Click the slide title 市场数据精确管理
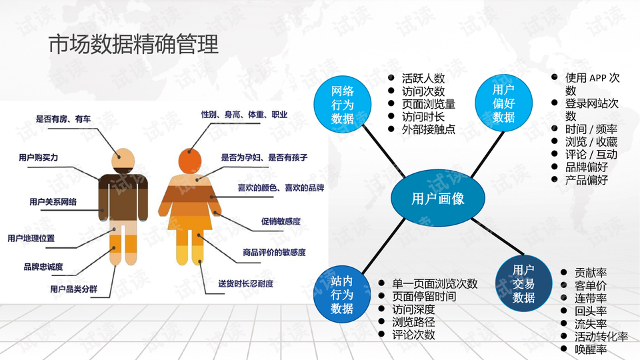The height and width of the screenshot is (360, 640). (x=133, y=45)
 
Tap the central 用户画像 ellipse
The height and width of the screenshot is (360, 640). (x=438, y=199)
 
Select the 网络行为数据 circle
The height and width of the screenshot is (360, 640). (x=342, y=105)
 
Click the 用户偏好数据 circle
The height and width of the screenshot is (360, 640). (x=504, y=103)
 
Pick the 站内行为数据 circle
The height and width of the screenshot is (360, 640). (x=342, y=294)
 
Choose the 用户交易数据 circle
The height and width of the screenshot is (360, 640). (x=524, y=283)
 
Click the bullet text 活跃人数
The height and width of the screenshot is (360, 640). (x=423, y=79)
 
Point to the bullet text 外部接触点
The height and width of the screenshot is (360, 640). (x=429, y=129)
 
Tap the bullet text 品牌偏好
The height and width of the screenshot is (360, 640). (x=587, y=167)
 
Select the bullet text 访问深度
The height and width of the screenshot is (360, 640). (x=413, y=309)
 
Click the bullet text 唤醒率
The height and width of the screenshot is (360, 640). (x=591, y=349)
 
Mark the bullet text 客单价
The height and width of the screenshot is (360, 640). (x=591, y=285)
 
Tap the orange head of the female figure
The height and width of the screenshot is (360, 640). (x=190, y=161)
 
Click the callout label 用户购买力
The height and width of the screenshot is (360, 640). (x=39, y=157)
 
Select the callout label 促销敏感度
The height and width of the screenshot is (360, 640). (x=281, y=221)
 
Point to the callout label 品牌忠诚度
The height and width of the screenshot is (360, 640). (x=43, y=267)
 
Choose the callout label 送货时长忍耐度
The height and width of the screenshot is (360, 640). (x=246, y=284)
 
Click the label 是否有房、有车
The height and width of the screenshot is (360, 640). (x=63, y=119)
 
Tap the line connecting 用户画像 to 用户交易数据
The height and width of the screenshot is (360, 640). (x=497, y=237)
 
